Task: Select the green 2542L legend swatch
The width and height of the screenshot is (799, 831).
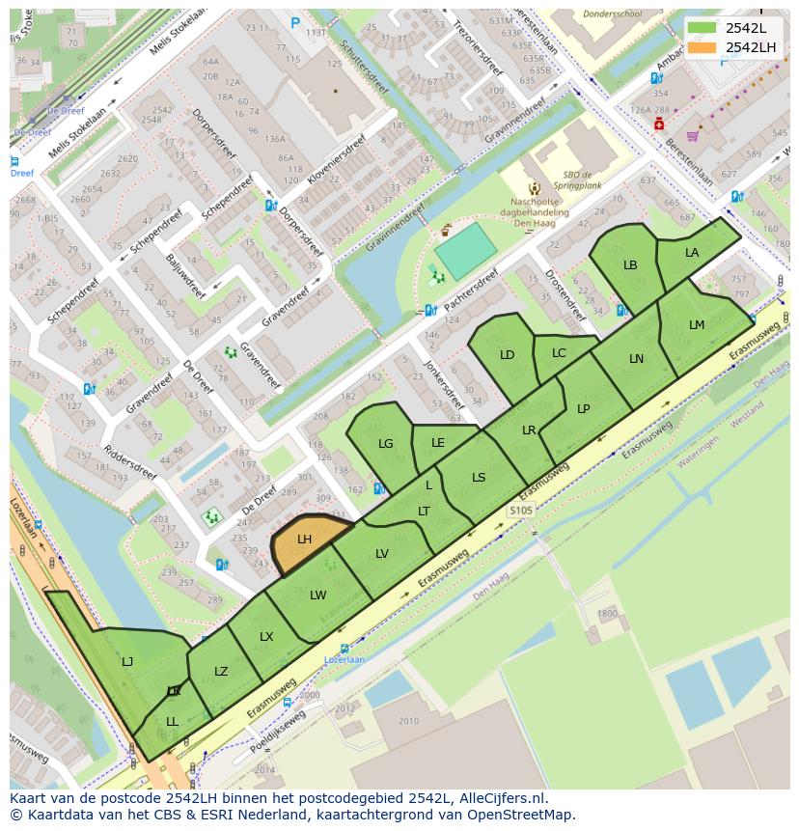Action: [703, 27]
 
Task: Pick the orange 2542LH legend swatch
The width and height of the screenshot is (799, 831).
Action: [703, 47]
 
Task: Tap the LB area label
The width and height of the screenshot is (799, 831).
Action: [630, 265]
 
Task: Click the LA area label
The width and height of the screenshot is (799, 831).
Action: [692, 253]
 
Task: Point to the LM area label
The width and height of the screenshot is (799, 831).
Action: [697, 325]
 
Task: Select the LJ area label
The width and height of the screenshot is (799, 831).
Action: [127, 662]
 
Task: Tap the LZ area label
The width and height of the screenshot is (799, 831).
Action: [221, 672]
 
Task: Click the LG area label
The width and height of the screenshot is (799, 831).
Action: [386, 444]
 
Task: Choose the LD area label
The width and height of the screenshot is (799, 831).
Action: [508, 355]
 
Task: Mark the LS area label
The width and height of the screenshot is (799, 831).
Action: [479, 478]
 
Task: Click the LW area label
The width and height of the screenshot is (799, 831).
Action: [318, 596]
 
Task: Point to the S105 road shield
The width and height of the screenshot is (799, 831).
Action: [521, 510]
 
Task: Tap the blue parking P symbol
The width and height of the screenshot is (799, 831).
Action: [295, 23]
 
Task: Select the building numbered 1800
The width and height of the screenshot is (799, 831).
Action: [607, 614]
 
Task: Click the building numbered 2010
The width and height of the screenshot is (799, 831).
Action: [408, 721]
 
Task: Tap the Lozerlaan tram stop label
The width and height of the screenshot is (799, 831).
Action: [344, 659]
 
